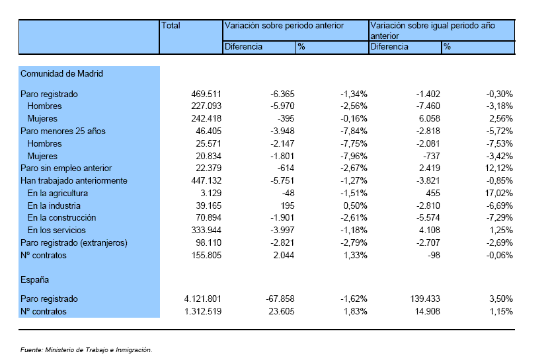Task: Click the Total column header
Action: (x=171, y=26)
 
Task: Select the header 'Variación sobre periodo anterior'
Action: (x=284, y=26)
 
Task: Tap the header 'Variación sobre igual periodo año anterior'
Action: (x=433, y=31)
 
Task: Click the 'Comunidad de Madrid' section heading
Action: (x=61, y=74)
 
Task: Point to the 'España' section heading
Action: (x=34, y=279)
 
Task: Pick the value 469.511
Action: (x=206, y=94)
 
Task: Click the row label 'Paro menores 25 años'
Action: (x=63, y=131)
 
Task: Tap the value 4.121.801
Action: (x=203, y=299)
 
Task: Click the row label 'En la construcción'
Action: (x=61, y=217)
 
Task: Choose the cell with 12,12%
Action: (x=498, y=168)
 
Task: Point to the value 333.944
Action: (x=206, y=230)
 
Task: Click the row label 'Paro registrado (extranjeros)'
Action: (x=74, y=242)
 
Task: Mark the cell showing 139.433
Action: (x=425, y=299)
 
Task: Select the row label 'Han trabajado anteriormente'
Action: (x=74, y=180)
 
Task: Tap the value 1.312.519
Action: (x=203, y=312)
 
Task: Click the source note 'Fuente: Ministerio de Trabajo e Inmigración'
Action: (x=87, y=350)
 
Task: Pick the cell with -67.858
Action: (x=280, y=299)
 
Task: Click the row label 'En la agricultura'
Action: (x=58, y=193)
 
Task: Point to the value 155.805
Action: (x=206, y=255)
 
